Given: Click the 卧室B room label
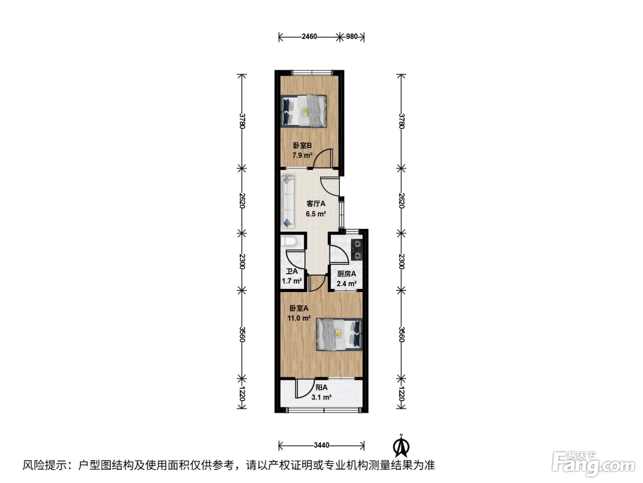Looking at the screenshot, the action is [302, 145].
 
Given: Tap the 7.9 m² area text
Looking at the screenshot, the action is [302, 155].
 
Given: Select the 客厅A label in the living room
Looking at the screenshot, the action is [316, 203].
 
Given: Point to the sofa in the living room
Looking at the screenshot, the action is [288, 201].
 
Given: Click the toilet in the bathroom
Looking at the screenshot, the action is [288, 241].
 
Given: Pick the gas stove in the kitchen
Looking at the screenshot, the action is [357, 250].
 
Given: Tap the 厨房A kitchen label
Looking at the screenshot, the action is [347, 274].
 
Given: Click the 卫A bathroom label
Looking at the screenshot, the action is [292, 271].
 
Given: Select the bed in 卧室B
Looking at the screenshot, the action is [304, 111].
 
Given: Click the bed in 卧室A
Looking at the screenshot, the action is [339, 334].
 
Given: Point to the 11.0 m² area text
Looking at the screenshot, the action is [299, 318].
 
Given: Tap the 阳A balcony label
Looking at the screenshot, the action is [321, 387].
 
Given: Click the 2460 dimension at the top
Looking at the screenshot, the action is [310, 36].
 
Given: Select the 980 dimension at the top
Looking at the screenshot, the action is [352, 36].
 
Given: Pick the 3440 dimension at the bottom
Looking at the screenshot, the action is [321, 445].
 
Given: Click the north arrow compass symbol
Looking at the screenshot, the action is [401, 446].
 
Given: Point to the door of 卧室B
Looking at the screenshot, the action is [323, 158].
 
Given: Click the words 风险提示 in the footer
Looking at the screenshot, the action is [45, 465].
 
